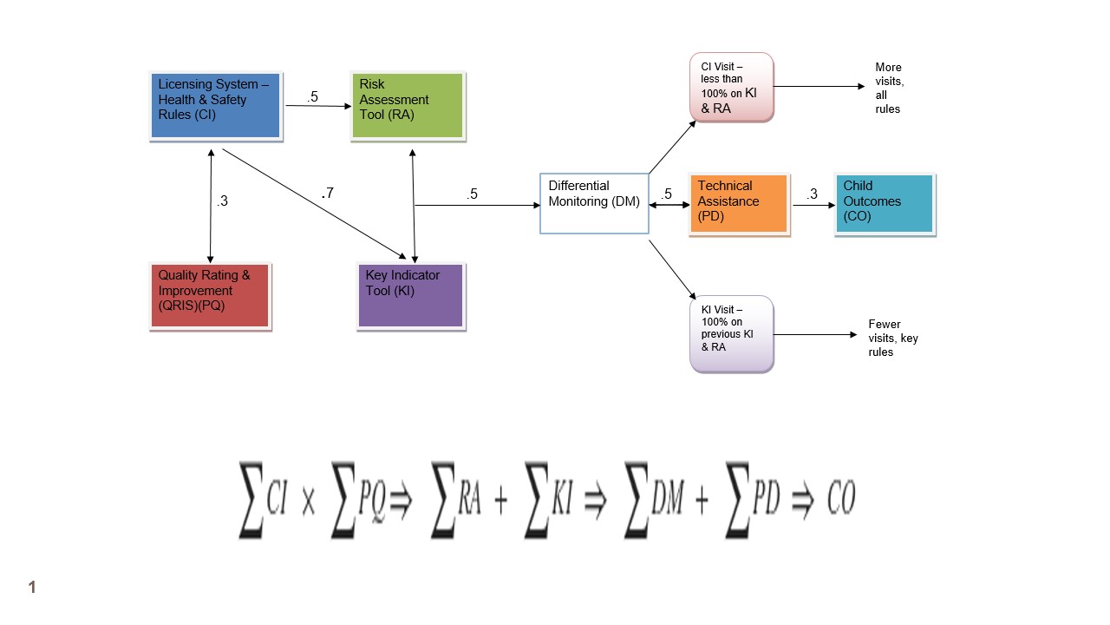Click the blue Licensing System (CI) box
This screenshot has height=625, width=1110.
(x=215, y=106)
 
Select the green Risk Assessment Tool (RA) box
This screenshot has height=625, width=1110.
(x=408, y=106)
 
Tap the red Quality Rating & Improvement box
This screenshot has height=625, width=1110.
(x=210, y=296)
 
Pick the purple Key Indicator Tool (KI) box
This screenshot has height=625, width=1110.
(x=411, y=296)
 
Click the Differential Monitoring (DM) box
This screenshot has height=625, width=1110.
(x=594, y=203)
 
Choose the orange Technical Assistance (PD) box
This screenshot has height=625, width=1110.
(x=740, y=203)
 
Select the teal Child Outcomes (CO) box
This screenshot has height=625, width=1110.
(x=885, y=203)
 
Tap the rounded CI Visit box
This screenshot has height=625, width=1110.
(x=731, y=87)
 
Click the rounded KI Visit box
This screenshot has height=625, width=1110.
(x=731, y=334)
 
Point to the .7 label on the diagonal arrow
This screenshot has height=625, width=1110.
(x=327, y=194)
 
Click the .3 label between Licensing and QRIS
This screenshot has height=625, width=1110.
(x=222, y=201)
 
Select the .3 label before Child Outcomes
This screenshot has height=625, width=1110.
(x=811, y=194)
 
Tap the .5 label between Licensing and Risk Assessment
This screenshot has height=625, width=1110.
(x=312, y=97)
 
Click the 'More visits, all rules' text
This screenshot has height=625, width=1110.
(x=888, y=88)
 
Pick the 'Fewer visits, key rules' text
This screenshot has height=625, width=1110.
(x=892, y=339)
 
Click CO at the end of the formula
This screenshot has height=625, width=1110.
(x=841, y=500)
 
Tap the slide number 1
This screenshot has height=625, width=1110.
(x=32, y=588)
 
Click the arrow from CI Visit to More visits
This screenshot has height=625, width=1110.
(x=819, y=87)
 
